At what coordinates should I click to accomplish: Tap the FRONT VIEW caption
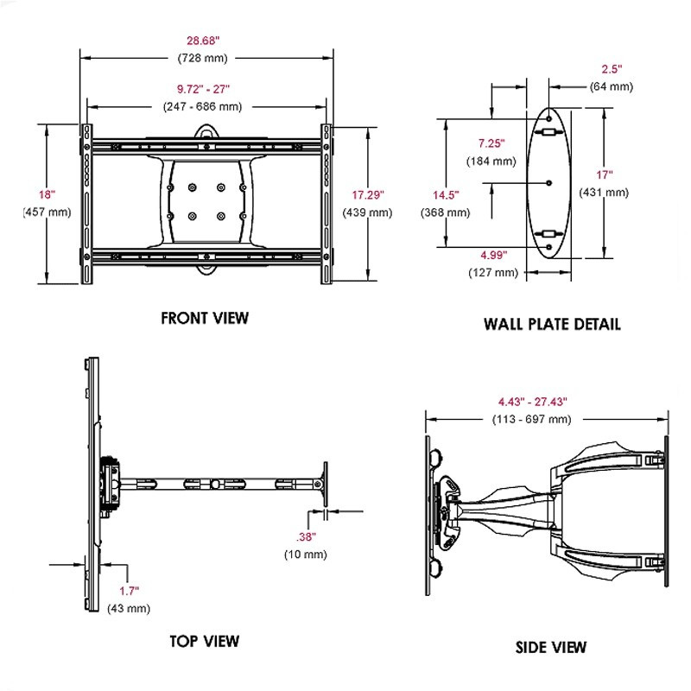coord(205,318)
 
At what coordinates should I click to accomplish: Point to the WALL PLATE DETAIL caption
coord(551,324)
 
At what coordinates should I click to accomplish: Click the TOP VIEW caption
coord(205,641)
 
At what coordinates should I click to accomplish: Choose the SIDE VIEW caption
coord(550,647)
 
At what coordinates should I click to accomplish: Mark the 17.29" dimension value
coord(363,195)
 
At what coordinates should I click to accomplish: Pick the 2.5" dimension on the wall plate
coord(612,68)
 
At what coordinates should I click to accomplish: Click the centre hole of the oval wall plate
coord(549,182)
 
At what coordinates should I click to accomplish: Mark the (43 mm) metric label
coord(129,609)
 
